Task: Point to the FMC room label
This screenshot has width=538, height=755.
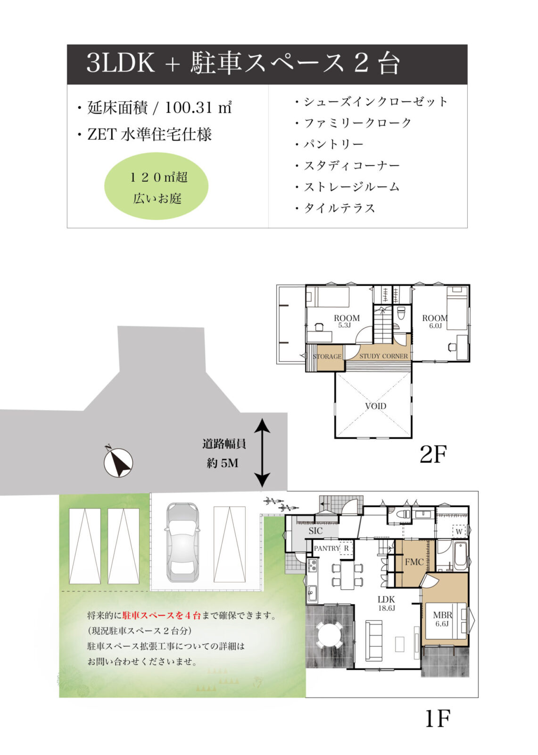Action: point(414,562)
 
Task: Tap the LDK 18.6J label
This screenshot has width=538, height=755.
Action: point(386,603)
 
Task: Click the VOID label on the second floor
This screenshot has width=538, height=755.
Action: point(375,406)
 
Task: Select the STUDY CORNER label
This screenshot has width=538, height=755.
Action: point(383,356)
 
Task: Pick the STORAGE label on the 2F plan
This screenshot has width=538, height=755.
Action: point(327,356)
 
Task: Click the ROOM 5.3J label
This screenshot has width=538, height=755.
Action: point(346,321)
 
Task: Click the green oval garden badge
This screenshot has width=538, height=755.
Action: point(157,186)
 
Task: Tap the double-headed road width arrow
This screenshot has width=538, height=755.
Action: point(262,453)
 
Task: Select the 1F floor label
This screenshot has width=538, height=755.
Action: point(437,719)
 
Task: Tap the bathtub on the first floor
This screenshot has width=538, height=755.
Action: point(460,555)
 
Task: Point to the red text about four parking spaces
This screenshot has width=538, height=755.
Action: point(161,615)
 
